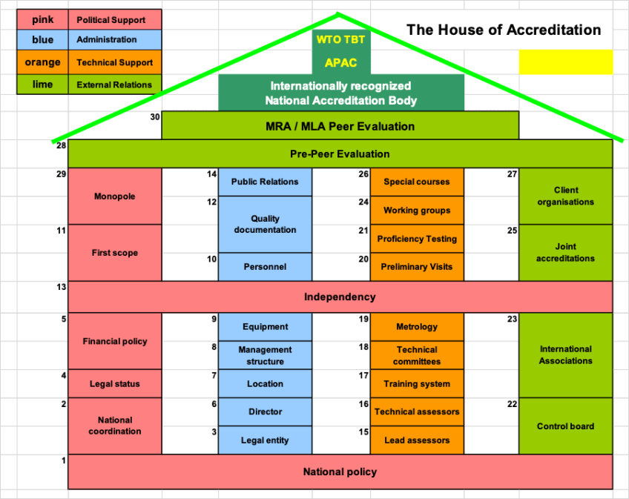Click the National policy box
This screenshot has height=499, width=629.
coord(340,472)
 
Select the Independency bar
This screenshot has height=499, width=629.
coord(340,297)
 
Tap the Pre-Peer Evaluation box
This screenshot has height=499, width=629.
coord(340,154)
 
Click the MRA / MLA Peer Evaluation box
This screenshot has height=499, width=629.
coord(340,126)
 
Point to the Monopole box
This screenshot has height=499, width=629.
coord(115,196)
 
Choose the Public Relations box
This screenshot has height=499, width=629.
coord(265,182)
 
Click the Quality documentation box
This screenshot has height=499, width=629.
coord(265,224)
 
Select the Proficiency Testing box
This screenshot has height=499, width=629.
coord(417,239)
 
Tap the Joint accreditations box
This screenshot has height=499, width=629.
coord(565,252)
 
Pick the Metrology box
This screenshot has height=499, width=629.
coord(417,327)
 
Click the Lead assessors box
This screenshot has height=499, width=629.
coord(417,440)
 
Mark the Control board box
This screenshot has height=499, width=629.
coord(565,426)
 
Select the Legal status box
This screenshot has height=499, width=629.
coord(115,383)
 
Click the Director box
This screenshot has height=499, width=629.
coord(265,412)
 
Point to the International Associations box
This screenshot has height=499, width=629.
coord(565,354)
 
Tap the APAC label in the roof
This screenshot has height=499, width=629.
coord(340,63)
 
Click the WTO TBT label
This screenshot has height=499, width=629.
coord(340,40)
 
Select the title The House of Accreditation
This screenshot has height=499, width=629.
coord(504,30)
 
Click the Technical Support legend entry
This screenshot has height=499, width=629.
coord(115,63)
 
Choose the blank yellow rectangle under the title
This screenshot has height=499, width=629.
coord(566,62)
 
